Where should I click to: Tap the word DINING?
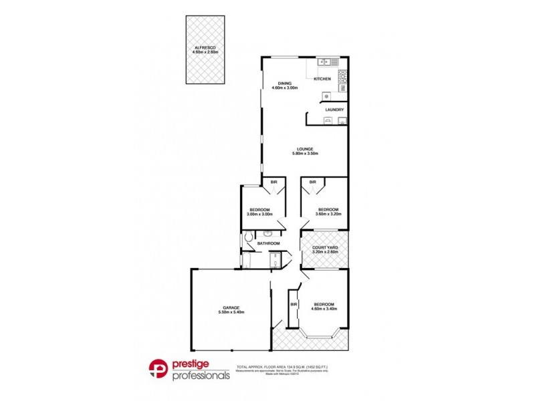click(x=284, y=83)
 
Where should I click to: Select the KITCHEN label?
click(x=322, y=80)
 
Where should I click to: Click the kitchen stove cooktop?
click(x=342, y=75)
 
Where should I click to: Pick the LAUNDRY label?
click(x=334, y=110)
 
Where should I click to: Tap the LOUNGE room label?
click(x=304, y=149)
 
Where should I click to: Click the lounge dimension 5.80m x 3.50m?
click(x=304, y=154)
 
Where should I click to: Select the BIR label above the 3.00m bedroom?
click(x=274, y=182)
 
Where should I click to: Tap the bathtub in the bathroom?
click(x=245, y=261)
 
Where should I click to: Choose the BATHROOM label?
click(x=267, y=243)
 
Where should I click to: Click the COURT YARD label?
click(x=324, y=246)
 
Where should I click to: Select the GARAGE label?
click(x=231, y=307)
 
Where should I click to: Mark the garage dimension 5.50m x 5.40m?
click(x=231, y=313)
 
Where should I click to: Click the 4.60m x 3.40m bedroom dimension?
click(x=324, y=309)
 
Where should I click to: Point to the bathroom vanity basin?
click(x=267, y=234)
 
